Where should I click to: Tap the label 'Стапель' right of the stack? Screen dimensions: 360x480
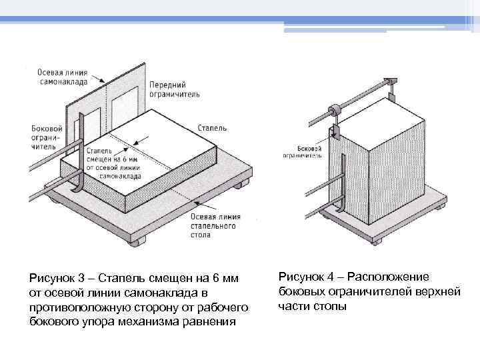[x=212, y=127]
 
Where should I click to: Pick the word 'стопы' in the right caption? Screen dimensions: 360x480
[x=333, y=307]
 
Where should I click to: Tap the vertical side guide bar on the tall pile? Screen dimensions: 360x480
[x=341, y=180]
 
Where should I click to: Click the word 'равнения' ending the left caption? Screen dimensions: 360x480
[x=214, y=322]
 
